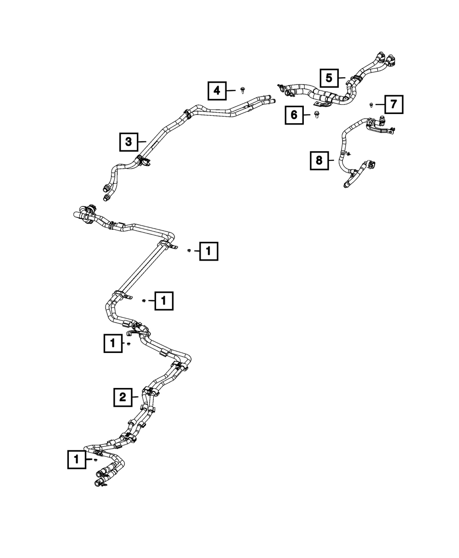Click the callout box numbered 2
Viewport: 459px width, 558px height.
[123, 397]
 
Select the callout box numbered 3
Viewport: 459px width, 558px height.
[129, 142]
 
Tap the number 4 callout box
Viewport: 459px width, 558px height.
[217, 91]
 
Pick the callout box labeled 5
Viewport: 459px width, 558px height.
[329, 78]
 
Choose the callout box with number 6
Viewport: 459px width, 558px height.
[294, 114]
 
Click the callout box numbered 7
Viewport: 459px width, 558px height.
[394, 105]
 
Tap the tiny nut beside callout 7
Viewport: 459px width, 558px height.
[371, 105]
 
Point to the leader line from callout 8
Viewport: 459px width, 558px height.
[333, 160]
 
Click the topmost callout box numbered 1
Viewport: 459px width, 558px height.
[208, 251]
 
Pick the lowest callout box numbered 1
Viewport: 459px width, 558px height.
[77, 459]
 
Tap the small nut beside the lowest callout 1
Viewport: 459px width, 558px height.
[95, 459]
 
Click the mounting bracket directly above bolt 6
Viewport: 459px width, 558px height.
[325, 105]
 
